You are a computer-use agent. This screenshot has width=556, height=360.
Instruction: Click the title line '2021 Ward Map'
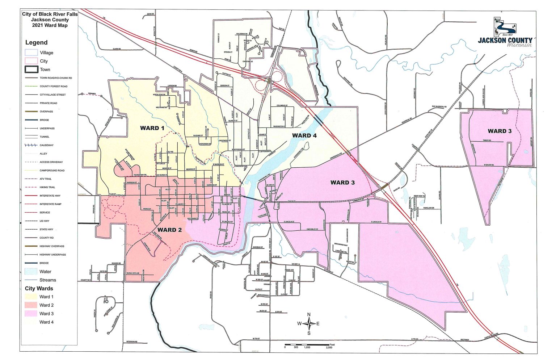(x=50, y=25)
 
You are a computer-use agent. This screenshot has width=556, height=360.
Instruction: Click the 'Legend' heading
(x=36, y=42)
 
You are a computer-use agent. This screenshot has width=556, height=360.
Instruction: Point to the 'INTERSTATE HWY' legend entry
(x=50, y=196)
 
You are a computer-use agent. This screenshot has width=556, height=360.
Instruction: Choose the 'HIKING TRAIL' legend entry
(x=47, y=187)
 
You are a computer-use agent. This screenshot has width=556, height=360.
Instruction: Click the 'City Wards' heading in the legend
(x=39, y=288)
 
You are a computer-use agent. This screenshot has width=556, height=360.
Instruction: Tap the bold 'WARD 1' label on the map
(x=152, y=128)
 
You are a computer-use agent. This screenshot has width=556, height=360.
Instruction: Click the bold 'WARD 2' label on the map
(x=169, y=230)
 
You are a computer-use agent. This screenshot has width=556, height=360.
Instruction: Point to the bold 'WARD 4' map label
(x=304, y=135)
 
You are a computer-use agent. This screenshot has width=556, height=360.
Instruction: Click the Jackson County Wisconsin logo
(x=505, y=33)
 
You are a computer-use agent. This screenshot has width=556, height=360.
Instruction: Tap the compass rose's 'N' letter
(x=309, y=314)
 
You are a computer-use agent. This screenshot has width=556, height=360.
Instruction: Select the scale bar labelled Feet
(x=308, y=344)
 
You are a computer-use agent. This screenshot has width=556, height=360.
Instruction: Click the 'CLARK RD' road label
(x=117, y=49)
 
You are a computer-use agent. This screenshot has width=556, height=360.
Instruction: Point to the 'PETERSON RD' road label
(x=132, y=342)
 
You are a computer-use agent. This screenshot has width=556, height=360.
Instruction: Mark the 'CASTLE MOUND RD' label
(x=492, y=336)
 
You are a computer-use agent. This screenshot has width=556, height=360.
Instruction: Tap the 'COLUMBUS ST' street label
(x=282, y=105)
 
